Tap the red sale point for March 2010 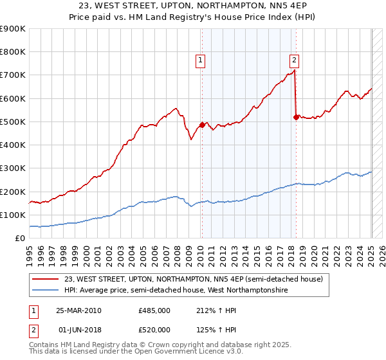pyautogui.click(x=201, y=125)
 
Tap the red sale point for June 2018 pyautogui.click(x=296, y=117)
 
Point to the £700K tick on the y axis pyautogui.click(x=12, y=75)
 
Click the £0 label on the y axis pyautogui.click(x=19, y=238)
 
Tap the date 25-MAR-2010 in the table pyautogui.click(x=78, y=310)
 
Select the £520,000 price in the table pyautogui.click(x=154, y=330)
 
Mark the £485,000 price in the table pyautogui.click(x=154, y=310)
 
